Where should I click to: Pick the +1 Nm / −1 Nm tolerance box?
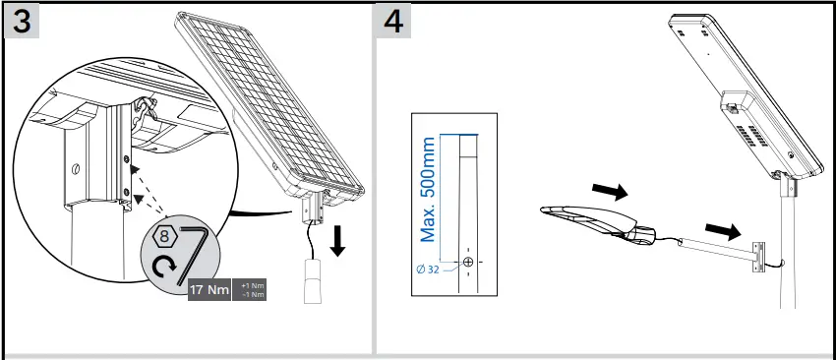(x=250, y=291)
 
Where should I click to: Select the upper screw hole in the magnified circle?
(x=125, y=156)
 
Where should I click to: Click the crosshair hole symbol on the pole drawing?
(x=468, y=263)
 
